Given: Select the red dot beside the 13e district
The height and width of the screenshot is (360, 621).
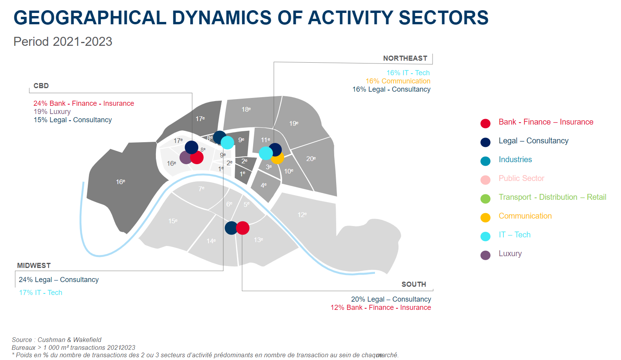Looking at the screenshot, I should (x=243, y=228).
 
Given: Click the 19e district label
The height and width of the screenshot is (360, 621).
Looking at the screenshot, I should (x=294, y=123).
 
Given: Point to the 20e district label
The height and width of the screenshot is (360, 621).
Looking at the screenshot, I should (x=311, y=159).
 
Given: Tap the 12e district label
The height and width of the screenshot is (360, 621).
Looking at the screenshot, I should (x=302, y=215).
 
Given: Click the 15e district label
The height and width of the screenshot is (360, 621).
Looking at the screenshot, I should (x=173, y=221).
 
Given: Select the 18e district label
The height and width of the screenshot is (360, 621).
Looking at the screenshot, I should (x=246, y=109).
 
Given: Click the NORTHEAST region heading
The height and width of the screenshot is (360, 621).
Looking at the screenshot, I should (x=405, y=58).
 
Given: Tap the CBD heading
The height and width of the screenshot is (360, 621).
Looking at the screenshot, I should (x=41, y=86).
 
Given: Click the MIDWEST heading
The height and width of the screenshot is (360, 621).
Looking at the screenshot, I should (x=34, y=266).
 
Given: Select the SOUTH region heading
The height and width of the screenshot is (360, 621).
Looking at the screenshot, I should (x=414, y=284).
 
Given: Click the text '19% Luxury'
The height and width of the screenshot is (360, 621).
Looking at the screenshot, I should (x=52, y=112).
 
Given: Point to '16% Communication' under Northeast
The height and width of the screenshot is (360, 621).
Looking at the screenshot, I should (x=398, y=81).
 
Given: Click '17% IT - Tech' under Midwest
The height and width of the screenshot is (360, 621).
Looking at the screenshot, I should (x=41, y=293).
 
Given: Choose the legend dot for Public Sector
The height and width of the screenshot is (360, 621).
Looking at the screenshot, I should (x=485, y=180).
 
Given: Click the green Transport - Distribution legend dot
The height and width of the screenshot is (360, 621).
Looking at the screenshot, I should (x=485, y=199).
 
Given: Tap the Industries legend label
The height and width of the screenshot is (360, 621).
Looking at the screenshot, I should (x=515, y=159).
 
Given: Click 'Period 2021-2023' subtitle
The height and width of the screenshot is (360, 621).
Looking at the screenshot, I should (x=63, y=42).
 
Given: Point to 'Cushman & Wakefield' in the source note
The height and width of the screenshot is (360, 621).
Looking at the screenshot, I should (x=69, y=340).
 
